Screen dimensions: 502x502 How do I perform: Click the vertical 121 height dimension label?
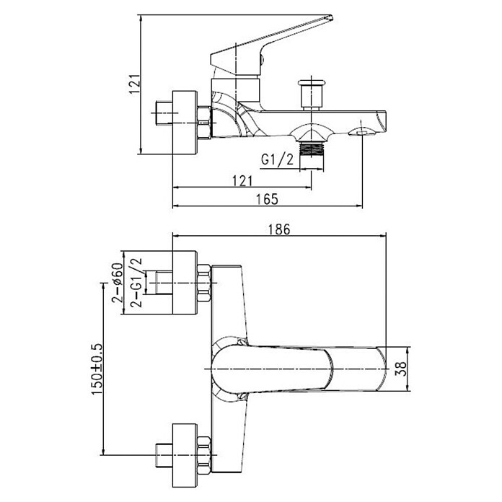pos(135,84)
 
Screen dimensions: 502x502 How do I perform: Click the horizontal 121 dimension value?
pos(242,181)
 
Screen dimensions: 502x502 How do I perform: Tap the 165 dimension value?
pos(268,200)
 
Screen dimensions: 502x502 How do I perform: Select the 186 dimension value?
pos(279,229)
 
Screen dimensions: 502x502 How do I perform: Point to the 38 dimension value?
pos(401,369)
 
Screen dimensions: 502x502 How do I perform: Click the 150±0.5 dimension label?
pos(97,369)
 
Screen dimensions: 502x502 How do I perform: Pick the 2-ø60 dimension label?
pos(118,283)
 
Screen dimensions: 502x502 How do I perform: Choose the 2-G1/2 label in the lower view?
pos(136,283)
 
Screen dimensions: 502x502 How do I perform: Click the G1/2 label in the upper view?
pos(277,159)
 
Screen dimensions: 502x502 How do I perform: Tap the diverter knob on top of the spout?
pos(311,94)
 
